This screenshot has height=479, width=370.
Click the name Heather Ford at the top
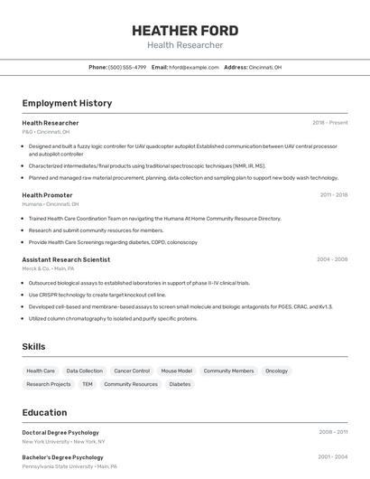pos(185,28)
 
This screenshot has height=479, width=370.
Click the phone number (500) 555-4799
pos(127,68)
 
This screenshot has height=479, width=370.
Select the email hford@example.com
pos(194,68)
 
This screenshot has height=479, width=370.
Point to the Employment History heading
pos(67,103)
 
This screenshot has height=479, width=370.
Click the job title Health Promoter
pos(47,195)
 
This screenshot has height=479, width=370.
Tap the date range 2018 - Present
pos(329,123)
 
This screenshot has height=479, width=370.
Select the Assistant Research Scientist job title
pos(66,259)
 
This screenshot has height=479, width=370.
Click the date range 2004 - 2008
pos(331,259)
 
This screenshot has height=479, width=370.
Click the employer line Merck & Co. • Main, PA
pos(48,268)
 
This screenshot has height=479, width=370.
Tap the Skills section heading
pos(33,346)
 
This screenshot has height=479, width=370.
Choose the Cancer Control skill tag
pos(132,371)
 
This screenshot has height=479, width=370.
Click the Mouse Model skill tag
pos(176,371)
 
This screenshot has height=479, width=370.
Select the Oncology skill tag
pos(276,371)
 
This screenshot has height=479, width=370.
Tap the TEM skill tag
pos(88,384)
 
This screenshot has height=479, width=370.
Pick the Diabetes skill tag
pos(180,384)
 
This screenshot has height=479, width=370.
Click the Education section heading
pos(44,412)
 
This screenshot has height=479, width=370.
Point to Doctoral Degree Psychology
pos(60,432)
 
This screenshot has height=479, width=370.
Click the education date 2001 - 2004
pos(332,457)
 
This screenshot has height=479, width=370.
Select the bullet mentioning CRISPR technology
pos(97,295)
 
